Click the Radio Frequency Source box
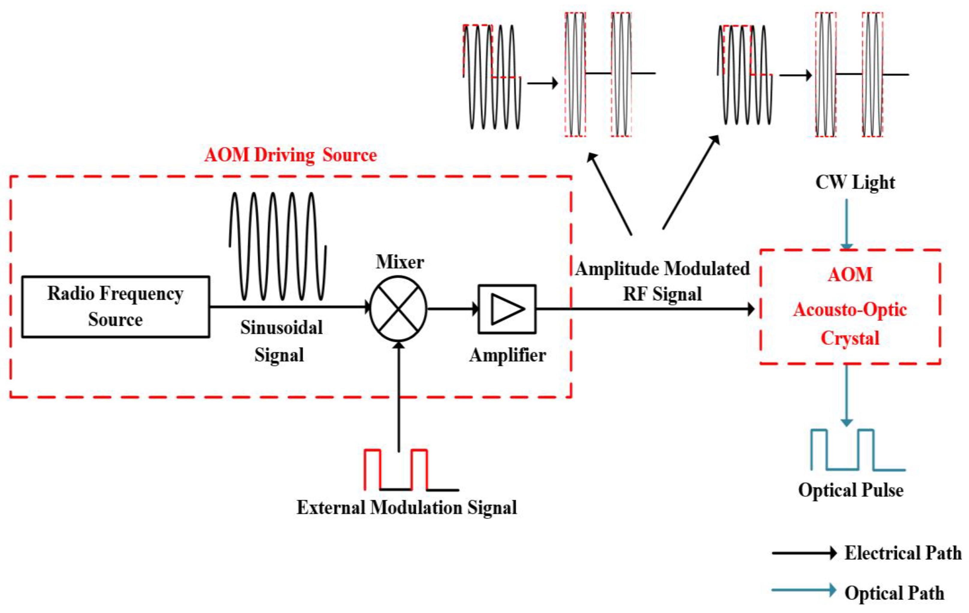[x=116, y=307]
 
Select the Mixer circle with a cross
[x=398, y=308]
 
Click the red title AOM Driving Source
[x=291, y=155]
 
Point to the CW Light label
[x=855, y=182]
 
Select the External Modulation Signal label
[x=406, y=508]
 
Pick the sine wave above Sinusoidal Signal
[x=278, y=246]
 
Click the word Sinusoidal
[x=281, y=327]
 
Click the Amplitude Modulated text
[x=662, y=269]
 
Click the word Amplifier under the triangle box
[x=507, y=355]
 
